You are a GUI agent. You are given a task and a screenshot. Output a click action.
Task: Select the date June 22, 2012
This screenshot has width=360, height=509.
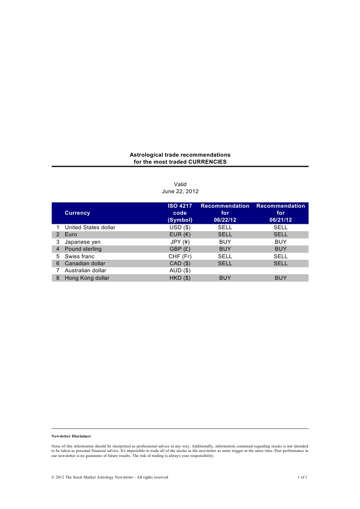pyautogui.click(x=180, y=191)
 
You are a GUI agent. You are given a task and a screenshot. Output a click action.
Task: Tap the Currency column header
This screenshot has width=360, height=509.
pyautogui.click(x=78, y=213)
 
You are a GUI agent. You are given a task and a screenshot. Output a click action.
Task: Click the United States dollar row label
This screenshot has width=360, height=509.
pyautogui.click(x=90, y=227)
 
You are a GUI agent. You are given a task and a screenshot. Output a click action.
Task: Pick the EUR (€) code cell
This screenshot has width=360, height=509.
pyautogui.click(x=180, y=234)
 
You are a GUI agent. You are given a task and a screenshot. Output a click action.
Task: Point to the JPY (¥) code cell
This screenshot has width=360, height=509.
pyautogui.click(x=180, y=241)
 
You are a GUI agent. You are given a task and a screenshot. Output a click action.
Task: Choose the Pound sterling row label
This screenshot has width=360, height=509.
pyautogui.click(x=83, y=249)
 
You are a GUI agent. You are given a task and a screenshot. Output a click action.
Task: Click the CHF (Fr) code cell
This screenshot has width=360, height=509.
pyautogui.click(x=180, y=256)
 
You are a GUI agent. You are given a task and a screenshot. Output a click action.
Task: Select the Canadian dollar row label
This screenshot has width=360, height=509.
pyautogui.click(x=86, y=263)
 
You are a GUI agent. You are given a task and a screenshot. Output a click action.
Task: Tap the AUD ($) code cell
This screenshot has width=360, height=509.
pyautogui.click(x=180, y=270)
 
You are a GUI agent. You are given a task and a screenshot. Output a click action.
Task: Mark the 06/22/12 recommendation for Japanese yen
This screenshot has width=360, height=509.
pyautogui.click(x=225, y=241)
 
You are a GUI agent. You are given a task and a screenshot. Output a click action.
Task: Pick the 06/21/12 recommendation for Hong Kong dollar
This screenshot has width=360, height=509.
pyautogui.click(x=280, y=278)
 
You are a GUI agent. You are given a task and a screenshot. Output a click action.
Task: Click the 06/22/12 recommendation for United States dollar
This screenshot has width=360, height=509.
pyautogui.click(x=225, y=227)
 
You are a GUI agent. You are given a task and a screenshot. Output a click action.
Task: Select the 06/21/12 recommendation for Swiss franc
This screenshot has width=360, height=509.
pyautogui.click(x=280, y=256)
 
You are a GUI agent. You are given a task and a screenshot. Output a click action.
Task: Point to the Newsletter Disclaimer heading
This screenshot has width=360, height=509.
pyautogui.click(x=71, y=436)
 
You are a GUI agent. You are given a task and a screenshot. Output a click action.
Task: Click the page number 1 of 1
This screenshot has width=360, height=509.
pyautogui.click(x=302, y=477)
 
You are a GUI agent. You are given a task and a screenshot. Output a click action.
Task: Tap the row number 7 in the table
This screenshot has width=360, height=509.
pyautogui.click(x=58, y=270)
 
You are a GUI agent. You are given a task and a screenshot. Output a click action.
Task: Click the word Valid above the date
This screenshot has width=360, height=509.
pyautogui.click(x=180, y=184)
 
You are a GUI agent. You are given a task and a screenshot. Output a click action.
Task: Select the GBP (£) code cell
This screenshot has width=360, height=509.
pyautogui.click(x=180, y=249)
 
